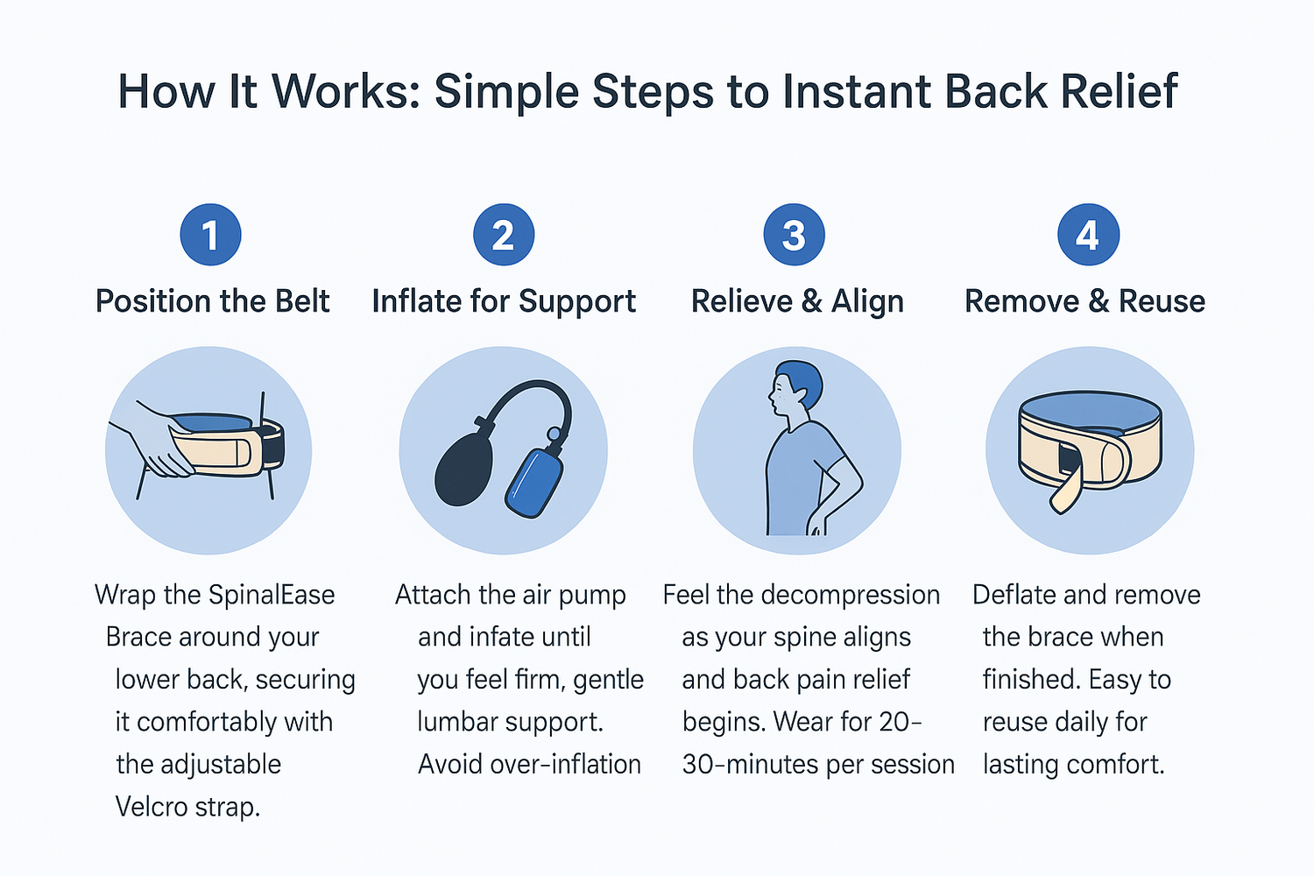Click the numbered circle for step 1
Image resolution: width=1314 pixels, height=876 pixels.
coord(210,235)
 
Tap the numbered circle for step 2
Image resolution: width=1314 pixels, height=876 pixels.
coord(503,235)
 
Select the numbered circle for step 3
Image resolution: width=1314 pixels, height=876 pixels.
coord(794,235)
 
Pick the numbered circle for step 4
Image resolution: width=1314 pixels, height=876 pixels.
coord(1087,235)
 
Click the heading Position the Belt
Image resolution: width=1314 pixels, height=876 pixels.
coord(212,301)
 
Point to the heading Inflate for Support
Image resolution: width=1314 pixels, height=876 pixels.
coord(504,301)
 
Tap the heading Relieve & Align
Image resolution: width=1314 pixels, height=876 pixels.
coord(797,301)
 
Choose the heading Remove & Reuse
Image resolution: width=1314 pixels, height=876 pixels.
coord(1084,301)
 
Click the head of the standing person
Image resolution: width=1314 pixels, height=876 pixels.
coord(797,390)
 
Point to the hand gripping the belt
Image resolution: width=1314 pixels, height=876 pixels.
coord(162,442)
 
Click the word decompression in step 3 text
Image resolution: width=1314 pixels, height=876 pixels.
coord(850,595)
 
